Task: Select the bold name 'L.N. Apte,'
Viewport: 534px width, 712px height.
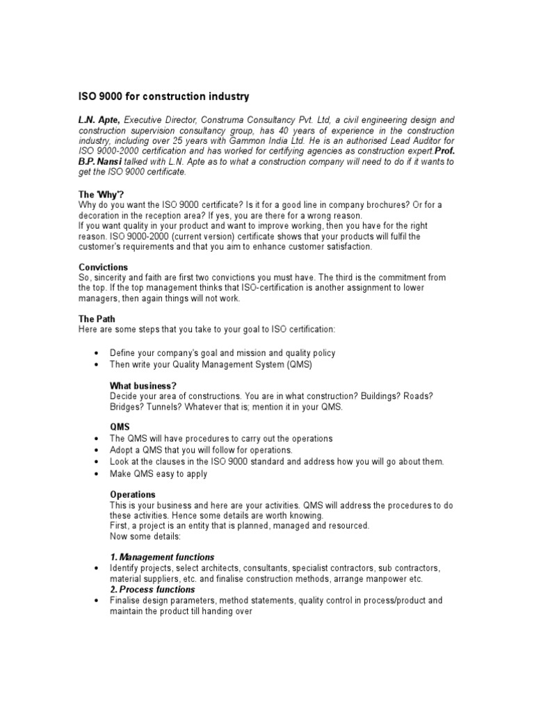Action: click(x=99, y=120)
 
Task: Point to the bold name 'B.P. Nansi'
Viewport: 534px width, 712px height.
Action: click(x=99, y=161)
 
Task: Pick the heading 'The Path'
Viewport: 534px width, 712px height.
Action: click(x=96, y=319)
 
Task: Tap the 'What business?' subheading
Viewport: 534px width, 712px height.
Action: click(x=143, y=386)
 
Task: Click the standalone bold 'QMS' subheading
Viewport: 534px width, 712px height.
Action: click(x=120, y=428)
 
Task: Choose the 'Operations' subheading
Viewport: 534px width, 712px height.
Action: click(x=132, y=494)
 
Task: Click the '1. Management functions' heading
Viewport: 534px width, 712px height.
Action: click(x=162, y=557)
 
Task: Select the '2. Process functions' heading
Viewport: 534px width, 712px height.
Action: click(x=152, y=590)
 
